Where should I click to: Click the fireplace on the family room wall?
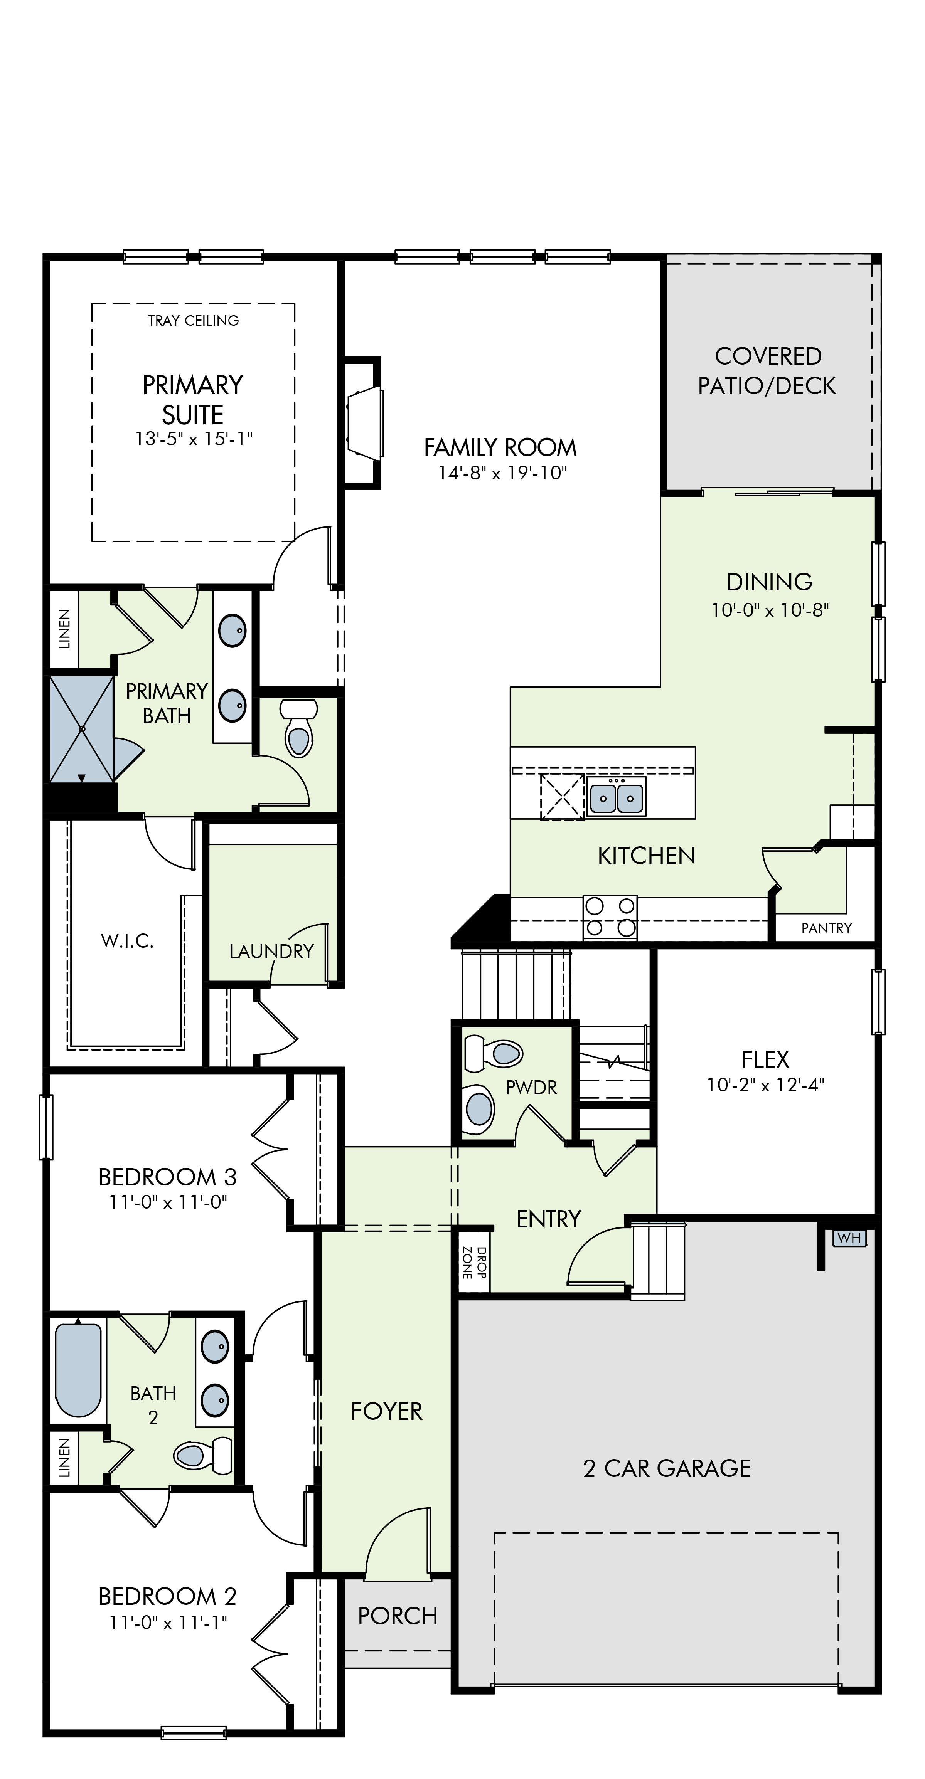[364, 423]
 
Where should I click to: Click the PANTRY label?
[826, 928]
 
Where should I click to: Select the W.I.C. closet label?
[127, 941]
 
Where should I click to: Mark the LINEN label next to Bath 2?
[64, 1458]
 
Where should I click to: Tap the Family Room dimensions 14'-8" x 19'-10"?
[502, 473]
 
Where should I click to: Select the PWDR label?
[531, 1088]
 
